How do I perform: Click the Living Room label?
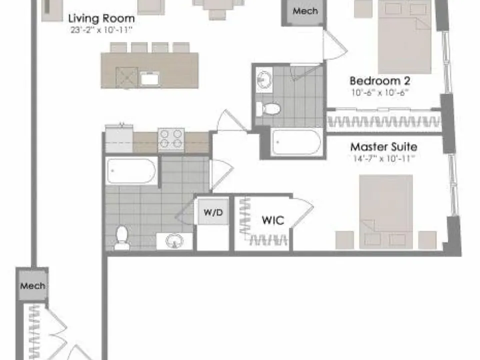tap(101, 19)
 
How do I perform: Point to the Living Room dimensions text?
tap(101, 30)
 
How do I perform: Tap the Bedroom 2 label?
tap(380, 81)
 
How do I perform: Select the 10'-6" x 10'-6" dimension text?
tap(380, 92)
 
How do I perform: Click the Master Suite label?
tap(383, 147)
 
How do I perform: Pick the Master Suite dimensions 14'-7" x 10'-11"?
tap(383, 158)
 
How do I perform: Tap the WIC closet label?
tap(273, 220)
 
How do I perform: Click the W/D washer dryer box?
tap(213, 211)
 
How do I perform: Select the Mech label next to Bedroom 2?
tap(305, 11)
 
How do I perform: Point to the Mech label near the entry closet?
tap(33, 286)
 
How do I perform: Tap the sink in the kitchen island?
tap(149, 78)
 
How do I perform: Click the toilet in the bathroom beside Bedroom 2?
tap(268, 109)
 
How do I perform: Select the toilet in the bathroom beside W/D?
tap(121, 237)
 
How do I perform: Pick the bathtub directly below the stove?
tap(131, 171)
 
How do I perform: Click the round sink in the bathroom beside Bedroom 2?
tap(264, 79)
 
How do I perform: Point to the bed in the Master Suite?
tap(386, 211)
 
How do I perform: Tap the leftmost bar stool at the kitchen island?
tap(118, 48)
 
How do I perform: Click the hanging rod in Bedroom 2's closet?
tap(384, 122)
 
